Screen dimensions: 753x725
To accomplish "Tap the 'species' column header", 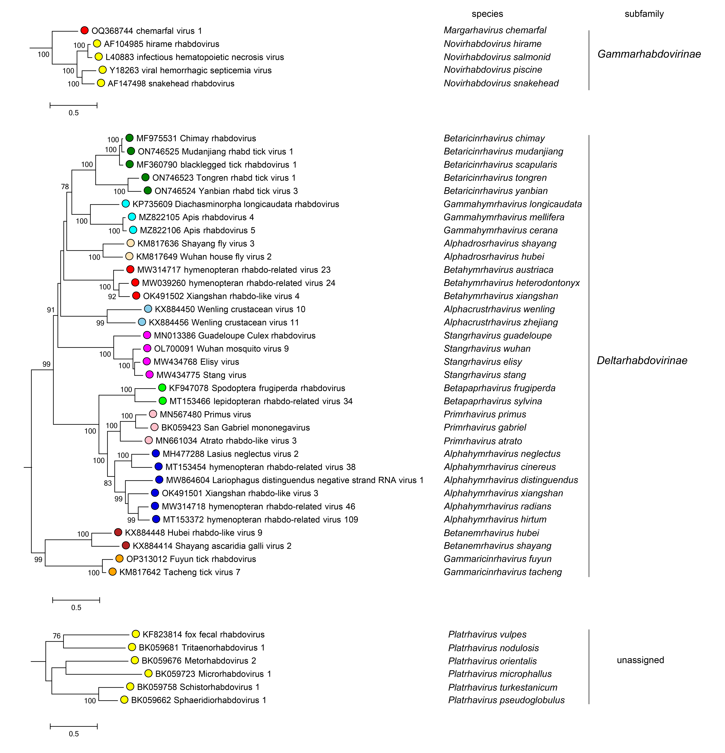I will click(487, 14).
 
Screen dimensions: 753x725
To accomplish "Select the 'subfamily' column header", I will click(644, 14).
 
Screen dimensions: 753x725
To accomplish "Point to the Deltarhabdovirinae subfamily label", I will click(642, 360).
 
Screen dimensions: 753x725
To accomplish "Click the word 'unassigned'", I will click(640, 660).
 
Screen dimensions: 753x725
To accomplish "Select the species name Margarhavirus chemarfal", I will click(495, 30).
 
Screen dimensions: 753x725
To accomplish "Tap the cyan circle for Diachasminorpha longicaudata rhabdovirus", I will click(125, 204).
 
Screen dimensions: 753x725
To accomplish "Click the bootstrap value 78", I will click(65, 187).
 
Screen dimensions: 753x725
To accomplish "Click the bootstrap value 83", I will click(108, 483).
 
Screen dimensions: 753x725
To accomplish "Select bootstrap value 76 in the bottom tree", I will click(57, 636).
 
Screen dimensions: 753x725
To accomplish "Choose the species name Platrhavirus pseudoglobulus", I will click(506, 700).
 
